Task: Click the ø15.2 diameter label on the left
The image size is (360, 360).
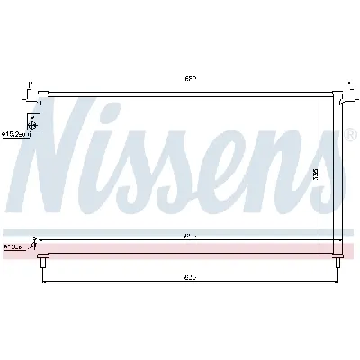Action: pos(15,134)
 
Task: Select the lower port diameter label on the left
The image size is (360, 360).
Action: pos(13,245)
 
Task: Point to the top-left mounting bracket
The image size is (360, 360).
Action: pos(34,89)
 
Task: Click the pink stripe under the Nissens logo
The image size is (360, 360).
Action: pos(180,247)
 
